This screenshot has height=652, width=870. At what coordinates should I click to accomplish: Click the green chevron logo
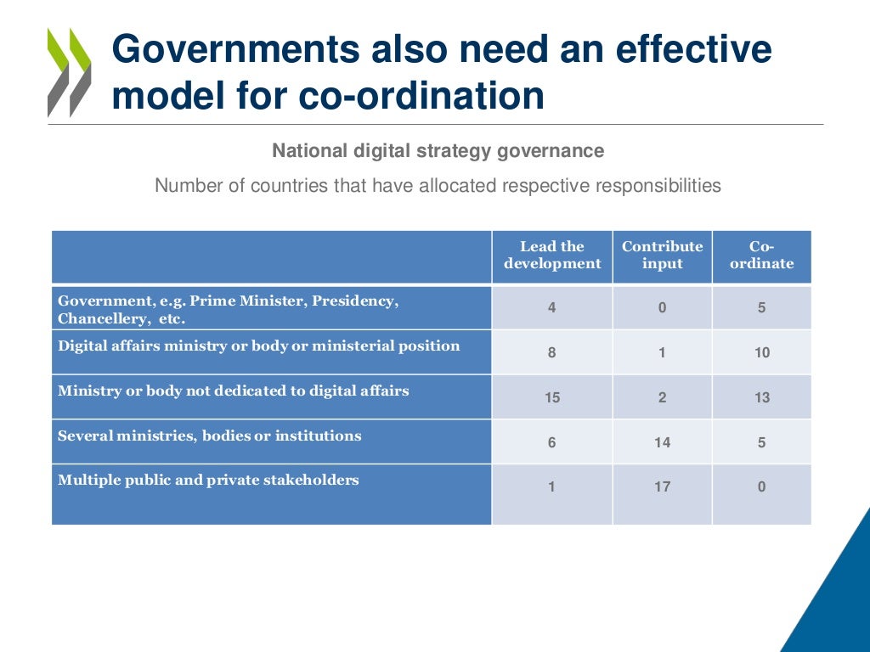[69, 73]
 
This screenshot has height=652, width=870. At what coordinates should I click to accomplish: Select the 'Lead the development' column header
[552, 256]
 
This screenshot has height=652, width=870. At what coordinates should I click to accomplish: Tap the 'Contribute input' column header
[663, 256]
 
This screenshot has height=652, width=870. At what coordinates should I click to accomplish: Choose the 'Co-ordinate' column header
[762, 256]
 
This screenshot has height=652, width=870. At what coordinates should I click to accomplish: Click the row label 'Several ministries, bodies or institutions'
[210, 436]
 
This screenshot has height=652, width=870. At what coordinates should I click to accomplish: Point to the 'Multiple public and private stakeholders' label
[208, 481]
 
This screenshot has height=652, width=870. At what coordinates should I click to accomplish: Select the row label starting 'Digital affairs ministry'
[259, 346]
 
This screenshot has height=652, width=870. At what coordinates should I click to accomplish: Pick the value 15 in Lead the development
[552, 397]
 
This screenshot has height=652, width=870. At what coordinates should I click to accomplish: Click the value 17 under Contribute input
[663, 487]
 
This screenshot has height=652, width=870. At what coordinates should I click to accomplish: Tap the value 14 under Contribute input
[663, 442]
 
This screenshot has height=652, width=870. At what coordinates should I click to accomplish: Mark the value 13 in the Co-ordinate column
[762, 397]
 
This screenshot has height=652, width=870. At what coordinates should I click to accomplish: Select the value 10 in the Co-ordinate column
[762, 352]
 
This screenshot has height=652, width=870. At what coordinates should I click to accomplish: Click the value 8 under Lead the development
[552, 352]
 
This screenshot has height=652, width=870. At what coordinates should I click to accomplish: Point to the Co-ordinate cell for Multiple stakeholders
[762, 487]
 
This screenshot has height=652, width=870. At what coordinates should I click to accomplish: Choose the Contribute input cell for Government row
[663, 308]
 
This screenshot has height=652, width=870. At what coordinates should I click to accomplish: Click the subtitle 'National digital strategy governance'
[438, 151]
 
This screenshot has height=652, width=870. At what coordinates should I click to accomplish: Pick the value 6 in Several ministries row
[552, 442]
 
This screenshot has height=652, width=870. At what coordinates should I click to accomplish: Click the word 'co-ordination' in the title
[421, 96]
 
